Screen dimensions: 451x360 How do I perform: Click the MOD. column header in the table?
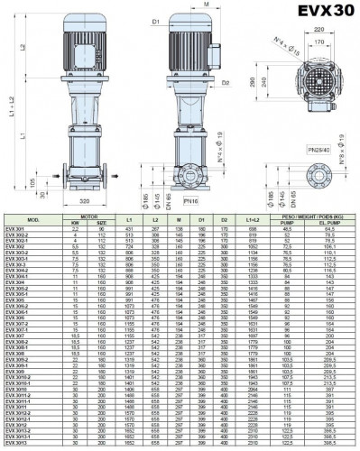33,219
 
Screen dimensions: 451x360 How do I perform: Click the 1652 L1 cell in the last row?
130,446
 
